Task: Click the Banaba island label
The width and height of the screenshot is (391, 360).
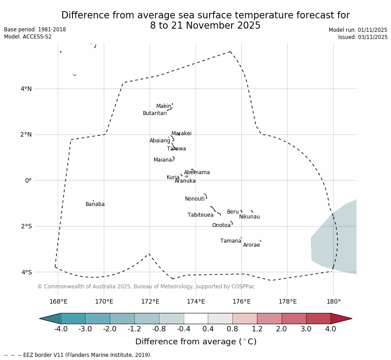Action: [x=95, y=205]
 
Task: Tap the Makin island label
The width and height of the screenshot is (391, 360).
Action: [x=163, y=107]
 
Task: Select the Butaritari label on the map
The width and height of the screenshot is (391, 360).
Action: [x=155, y=114]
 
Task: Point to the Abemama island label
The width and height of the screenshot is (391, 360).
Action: [x=197, y=173]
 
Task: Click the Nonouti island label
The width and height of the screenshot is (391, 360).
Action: [x=195, y=199]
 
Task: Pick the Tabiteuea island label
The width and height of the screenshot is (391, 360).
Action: [x=201, y=215]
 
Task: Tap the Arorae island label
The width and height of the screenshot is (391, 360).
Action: [x=252, y=245]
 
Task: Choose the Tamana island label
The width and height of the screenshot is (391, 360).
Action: [x=231, y=241]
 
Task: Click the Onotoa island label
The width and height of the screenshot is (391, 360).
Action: [x=221, y=226]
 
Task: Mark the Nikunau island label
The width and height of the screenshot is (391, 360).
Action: [x=249, y=217]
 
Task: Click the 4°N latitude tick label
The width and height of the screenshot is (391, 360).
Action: [x=26, y=89]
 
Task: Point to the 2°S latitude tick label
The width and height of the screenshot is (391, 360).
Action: [x=26, y=227]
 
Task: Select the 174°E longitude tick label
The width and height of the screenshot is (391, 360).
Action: [x=196, y=302]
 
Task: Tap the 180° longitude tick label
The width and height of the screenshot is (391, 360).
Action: [x=333, y=302]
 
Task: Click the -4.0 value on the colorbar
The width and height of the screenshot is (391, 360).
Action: [x=61, y=329]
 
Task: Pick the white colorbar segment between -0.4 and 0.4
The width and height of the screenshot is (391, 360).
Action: [x=196, y=318]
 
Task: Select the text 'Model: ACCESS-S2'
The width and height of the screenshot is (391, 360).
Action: [x=28, y=37]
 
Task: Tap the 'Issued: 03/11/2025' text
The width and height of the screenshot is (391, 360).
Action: [x=363, y=37]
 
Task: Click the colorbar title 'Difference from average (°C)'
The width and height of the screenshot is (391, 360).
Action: [x=196, y=342]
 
